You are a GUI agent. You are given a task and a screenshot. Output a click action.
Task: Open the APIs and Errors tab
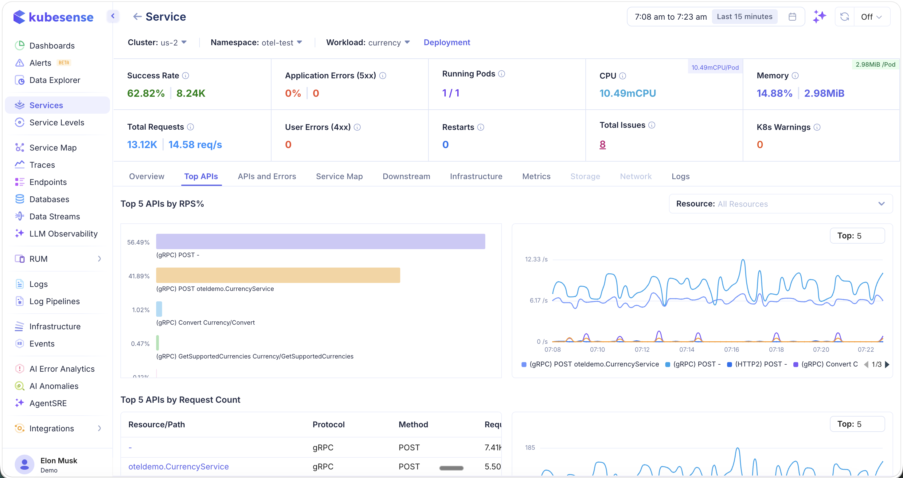point(267,176)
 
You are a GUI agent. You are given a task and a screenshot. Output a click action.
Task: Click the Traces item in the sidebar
point(42,165)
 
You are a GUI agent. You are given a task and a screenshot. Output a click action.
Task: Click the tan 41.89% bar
point(278,275)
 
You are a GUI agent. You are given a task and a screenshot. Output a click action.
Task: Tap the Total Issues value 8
point(602,144)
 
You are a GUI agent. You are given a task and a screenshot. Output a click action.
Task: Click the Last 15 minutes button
point(744,17)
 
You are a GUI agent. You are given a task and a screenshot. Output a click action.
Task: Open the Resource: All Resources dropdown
point(780,204)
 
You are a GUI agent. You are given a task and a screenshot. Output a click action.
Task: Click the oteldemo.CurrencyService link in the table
point(178,466)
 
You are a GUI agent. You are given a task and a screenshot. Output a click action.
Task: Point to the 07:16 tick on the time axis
point(731,349)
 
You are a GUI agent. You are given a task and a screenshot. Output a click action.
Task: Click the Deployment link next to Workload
point(447,42)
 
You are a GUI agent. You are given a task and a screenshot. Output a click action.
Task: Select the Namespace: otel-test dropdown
point(256,42)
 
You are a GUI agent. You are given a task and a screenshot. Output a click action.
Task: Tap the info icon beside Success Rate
point(186,76)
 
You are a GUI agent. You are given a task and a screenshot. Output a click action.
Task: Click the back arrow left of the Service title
point(137,17)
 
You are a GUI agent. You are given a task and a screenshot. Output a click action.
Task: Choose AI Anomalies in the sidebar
point(54,386)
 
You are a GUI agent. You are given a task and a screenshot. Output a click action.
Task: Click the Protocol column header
point(328,424)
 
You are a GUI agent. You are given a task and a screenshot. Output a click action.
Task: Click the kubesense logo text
point(61,17)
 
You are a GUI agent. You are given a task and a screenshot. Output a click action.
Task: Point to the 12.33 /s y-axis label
point(536,259)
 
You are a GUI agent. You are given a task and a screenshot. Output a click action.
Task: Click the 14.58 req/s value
point(195,144)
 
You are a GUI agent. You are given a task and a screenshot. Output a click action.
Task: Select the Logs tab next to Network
point(680,176)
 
